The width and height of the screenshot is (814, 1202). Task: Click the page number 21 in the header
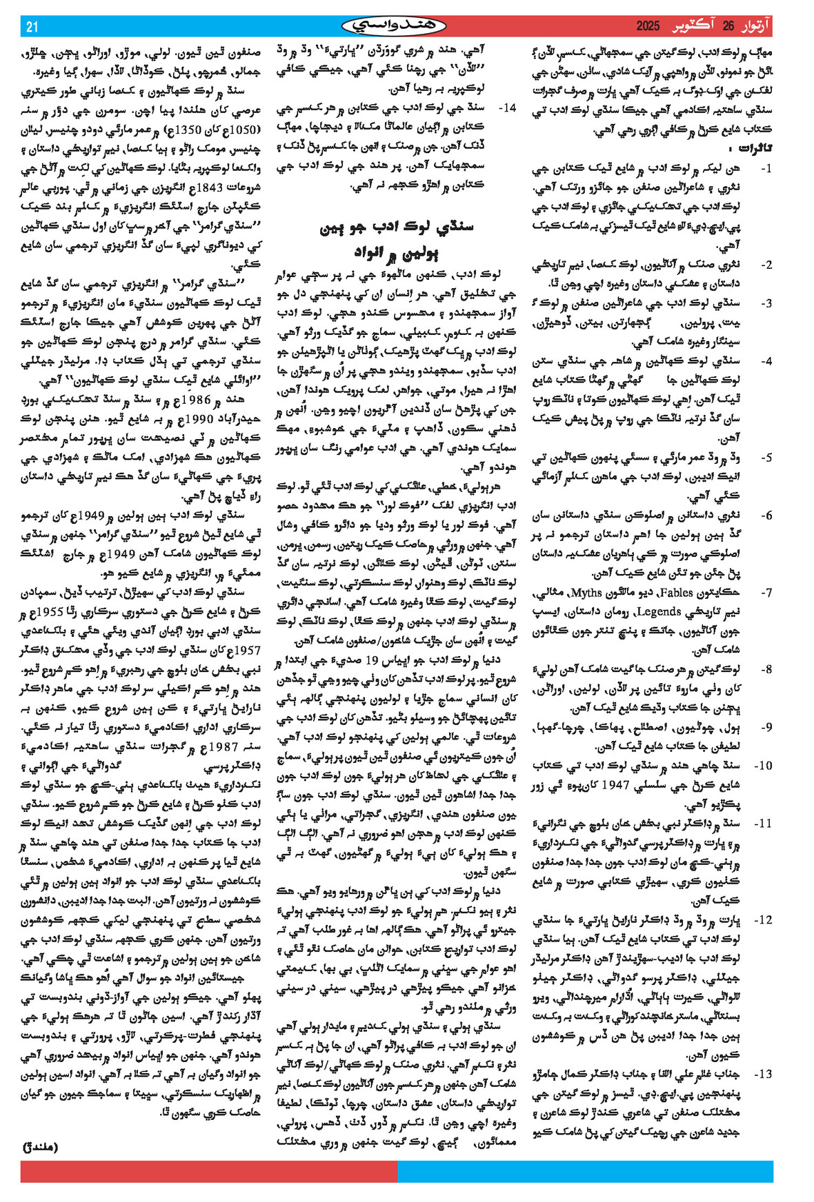32,27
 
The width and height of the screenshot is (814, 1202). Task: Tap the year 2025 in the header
648,27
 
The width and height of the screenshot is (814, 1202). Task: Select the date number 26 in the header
729,27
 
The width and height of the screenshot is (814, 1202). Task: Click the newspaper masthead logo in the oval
394,26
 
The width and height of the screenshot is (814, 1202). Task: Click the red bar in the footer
209,1171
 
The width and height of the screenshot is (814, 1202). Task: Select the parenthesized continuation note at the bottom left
41,1147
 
